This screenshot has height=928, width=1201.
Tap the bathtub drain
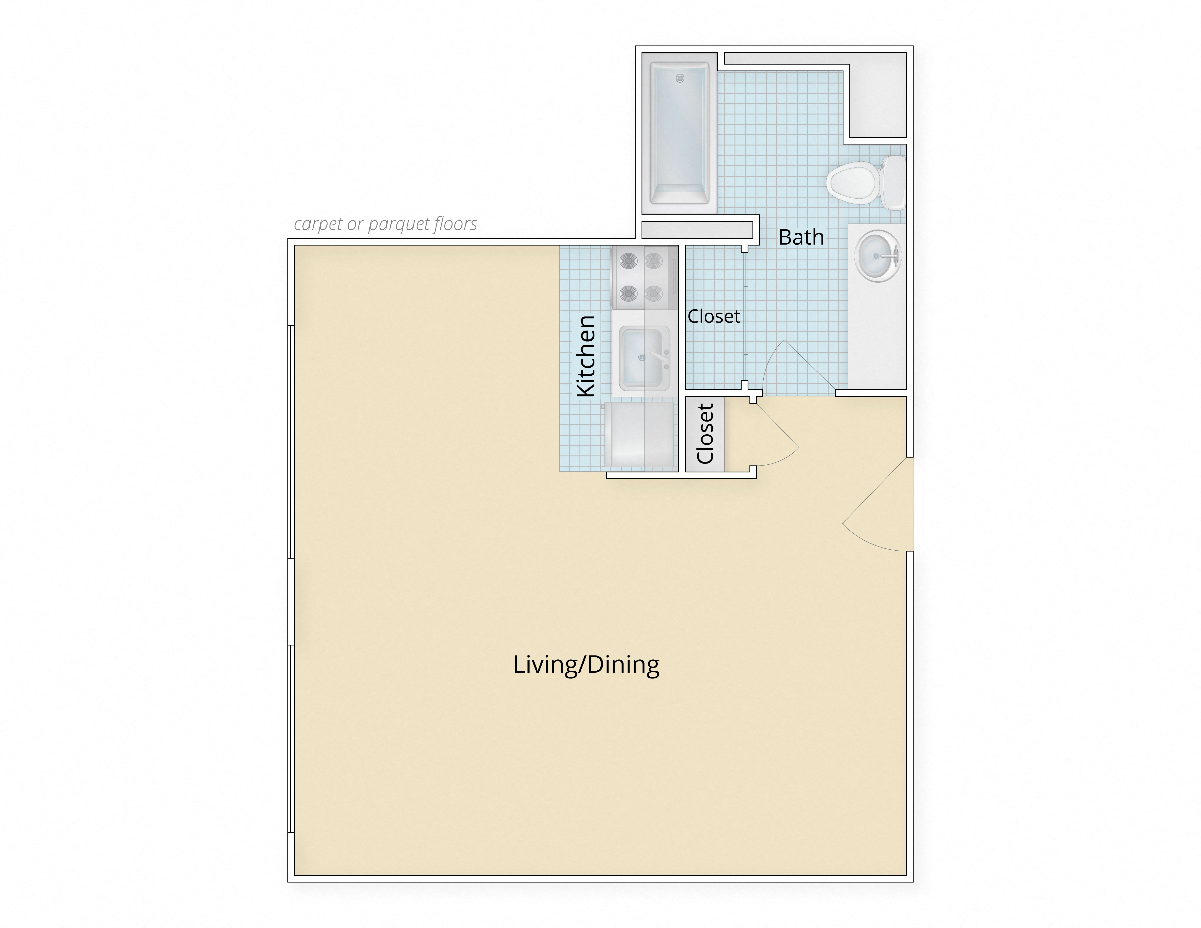click(680, 78)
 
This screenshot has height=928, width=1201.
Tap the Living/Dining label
click(586, 664)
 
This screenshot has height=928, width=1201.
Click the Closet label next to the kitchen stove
click(714, 316)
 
